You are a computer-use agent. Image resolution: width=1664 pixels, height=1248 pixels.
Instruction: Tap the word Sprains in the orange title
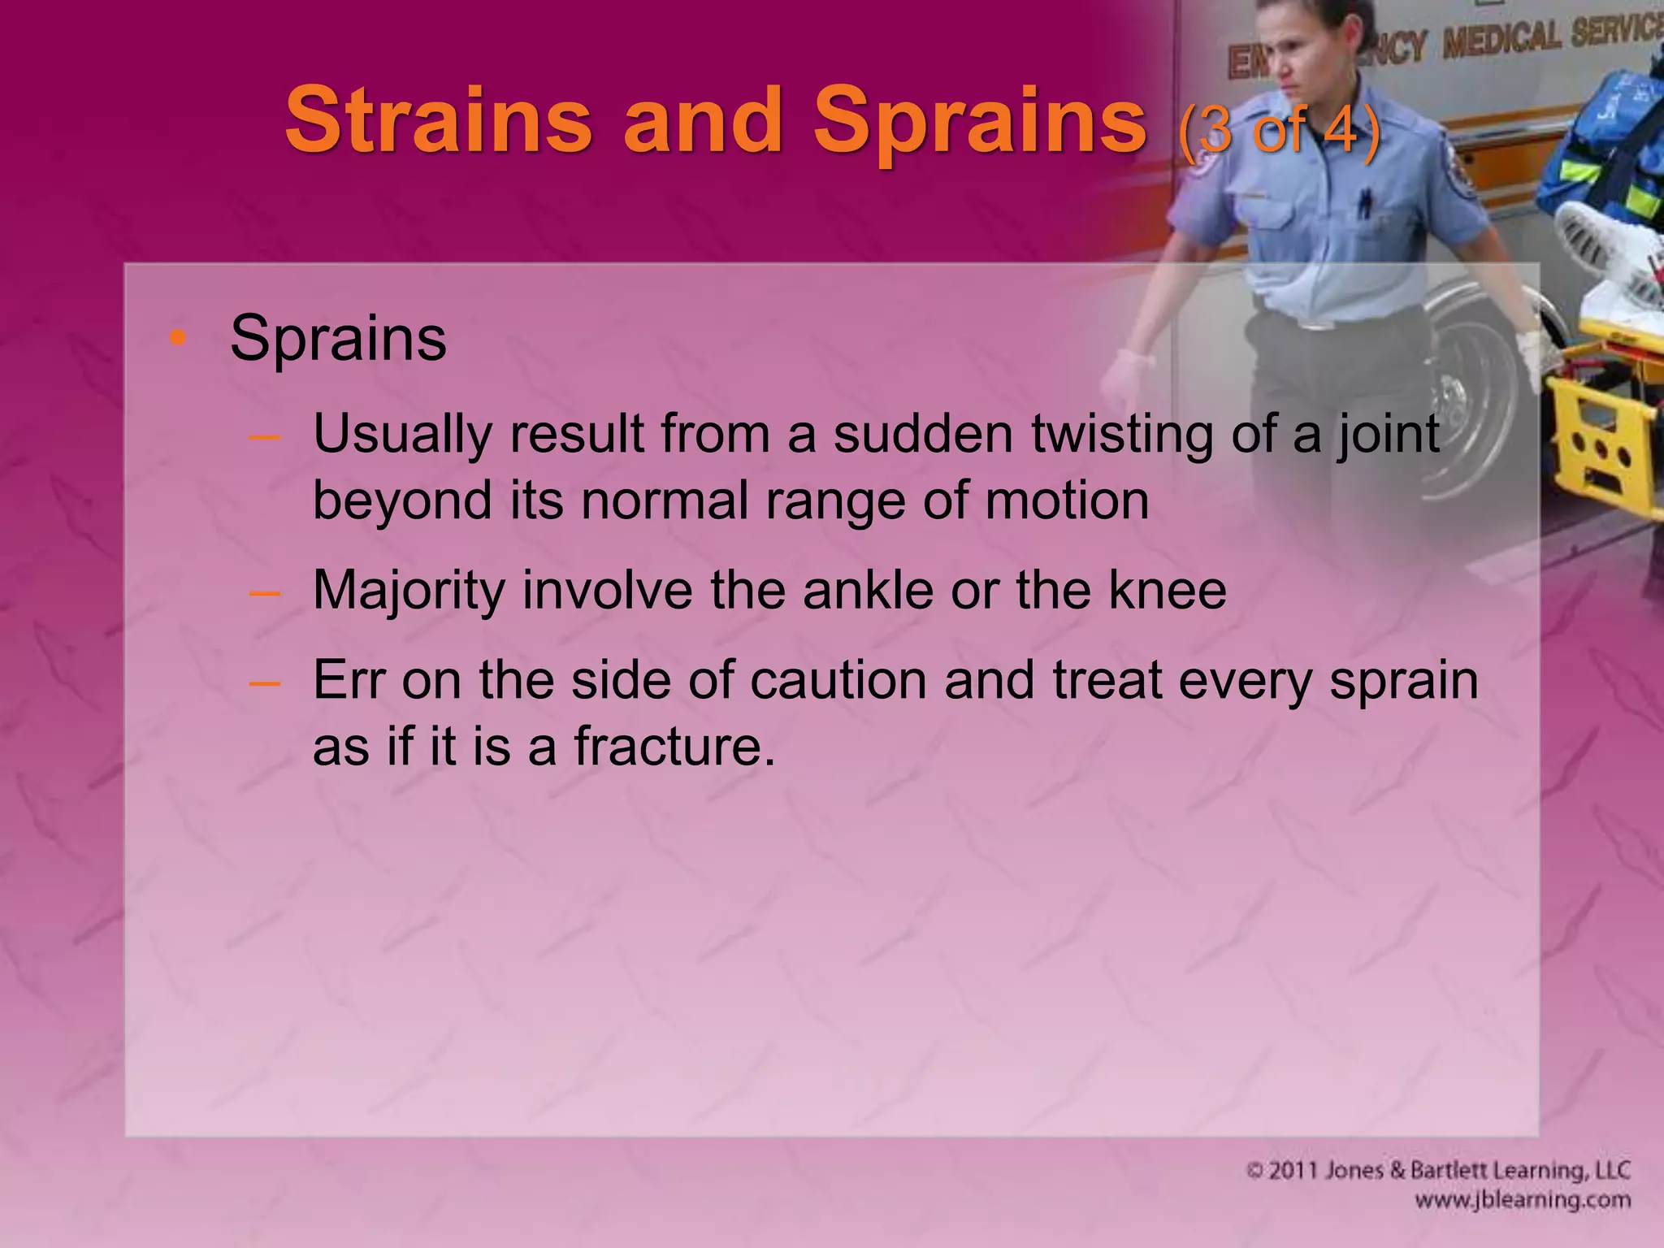click(979, 122)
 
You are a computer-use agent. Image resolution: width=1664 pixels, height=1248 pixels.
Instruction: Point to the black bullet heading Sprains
click(338, 338)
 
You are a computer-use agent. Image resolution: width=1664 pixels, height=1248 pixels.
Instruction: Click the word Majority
click(409, 591)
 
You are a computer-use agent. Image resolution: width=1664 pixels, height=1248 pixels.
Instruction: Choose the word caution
click(837, 680)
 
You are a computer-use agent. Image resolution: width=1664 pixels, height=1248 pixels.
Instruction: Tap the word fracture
click(674, 746)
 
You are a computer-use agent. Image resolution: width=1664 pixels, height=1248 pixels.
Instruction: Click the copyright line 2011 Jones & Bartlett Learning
click(1438, 1171)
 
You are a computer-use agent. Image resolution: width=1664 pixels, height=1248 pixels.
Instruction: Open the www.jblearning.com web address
click(1522, 1200)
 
